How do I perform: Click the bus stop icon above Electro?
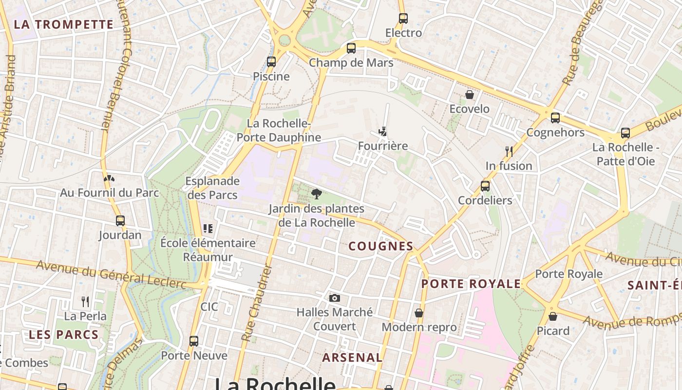point(403,19)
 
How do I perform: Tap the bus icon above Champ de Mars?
point(351,48)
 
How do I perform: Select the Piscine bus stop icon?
point(271,62)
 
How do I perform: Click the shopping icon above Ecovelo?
point(469,94)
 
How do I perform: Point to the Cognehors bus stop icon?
point(555,118)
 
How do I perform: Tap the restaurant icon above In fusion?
point(509,151)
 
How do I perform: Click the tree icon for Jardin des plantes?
point(317,194)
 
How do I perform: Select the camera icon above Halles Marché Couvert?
point(335,298)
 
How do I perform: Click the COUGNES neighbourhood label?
point(381,246)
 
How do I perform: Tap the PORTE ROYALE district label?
point(471,284)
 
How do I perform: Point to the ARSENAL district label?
point(352,357)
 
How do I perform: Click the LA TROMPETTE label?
point(63,24)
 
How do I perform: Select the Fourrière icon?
point(383,132)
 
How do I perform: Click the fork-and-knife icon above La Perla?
point(85,302)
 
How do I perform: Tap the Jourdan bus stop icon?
point(120,221)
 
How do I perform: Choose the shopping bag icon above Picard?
point(552,316)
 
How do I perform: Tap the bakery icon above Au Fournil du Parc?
point(109,178)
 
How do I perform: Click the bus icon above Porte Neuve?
point(194,341)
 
